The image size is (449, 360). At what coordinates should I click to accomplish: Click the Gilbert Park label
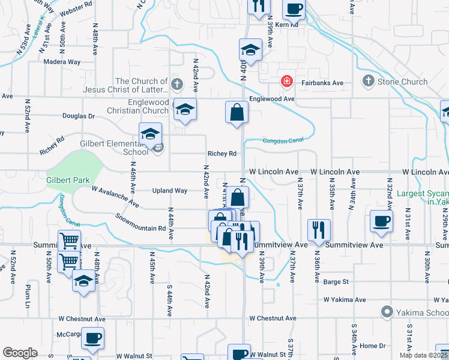tap(68, 180)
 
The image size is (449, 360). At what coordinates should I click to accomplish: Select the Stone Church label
tap(402, 82)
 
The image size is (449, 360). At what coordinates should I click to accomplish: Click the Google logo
tap(20, 353)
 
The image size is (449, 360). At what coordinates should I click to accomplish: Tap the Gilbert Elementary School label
tap(115, 148)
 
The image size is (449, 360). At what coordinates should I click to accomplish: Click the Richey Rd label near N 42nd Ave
tap(221, 154)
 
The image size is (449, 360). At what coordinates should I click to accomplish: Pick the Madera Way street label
tap(61, 62)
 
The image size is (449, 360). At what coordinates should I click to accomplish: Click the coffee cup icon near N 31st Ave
tap(382, 221)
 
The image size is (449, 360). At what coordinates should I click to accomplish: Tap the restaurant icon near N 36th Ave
tap(318, 229)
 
